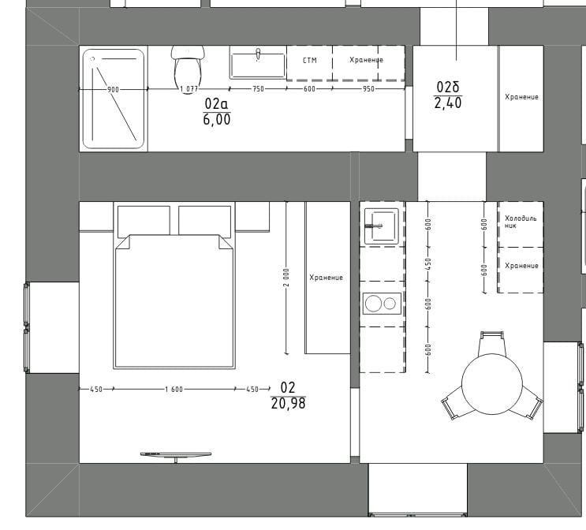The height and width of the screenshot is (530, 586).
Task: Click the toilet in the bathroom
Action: (x=188, y=69)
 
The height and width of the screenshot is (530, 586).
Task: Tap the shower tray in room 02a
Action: (x=114, y=99)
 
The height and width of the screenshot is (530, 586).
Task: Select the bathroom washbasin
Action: (x=258, y=65)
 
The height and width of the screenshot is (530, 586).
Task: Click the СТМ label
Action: (x=309, y=60)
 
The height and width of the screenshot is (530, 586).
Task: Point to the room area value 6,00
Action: (x=217, y=120)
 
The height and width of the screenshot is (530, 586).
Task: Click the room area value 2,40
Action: (x=448, y=103)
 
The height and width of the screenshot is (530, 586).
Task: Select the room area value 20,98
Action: (x=288, y=404)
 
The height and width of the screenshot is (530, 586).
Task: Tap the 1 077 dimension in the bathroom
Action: (x=188, y=89)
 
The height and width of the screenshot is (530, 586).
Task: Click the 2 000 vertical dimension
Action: (x=286, y=278)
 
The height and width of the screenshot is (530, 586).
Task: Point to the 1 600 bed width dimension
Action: (x=174, y=389)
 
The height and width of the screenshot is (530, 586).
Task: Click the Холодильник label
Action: (x=521, y=222)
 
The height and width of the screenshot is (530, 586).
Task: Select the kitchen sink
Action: (x=382, y=226)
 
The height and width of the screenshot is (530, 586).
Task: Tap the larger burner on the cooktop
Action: (x=373, y=303)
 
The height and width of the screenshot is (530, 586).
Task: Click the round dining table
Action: (x=492, y=384)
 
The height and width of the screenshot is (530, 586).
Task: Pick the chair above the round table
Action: (x=492, y=344)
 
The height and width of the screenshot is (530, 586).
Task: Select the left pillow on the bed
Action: (x=144, y=222)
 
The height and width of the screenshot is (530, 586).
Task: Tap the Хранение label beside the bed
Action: (x=326, y=278)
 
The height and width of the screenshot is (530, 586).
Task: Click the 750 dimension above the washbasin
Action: (x=258, y=89)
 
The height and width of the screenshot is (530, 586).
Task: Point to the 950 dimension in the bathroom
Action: (x=368, y=89)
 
